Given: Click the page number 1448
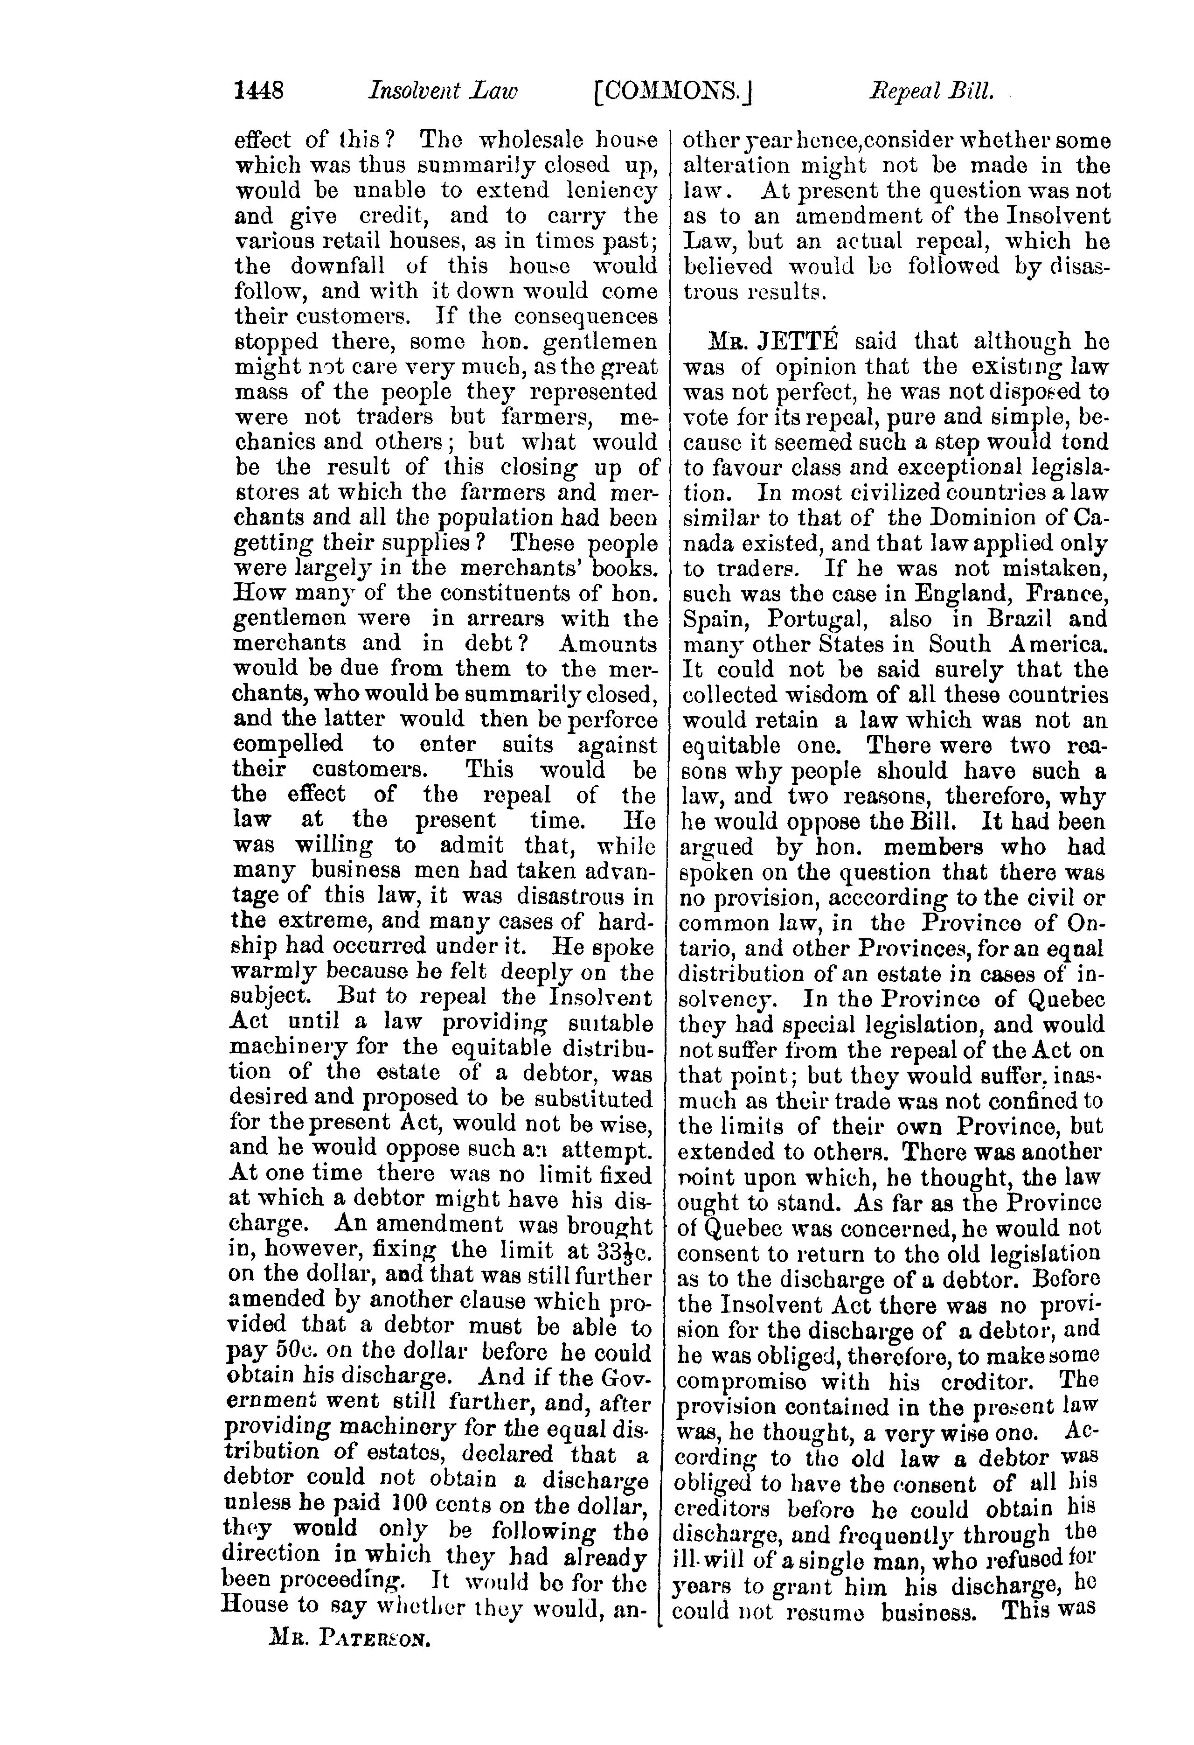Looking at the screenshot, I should (x=259, y=91).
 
